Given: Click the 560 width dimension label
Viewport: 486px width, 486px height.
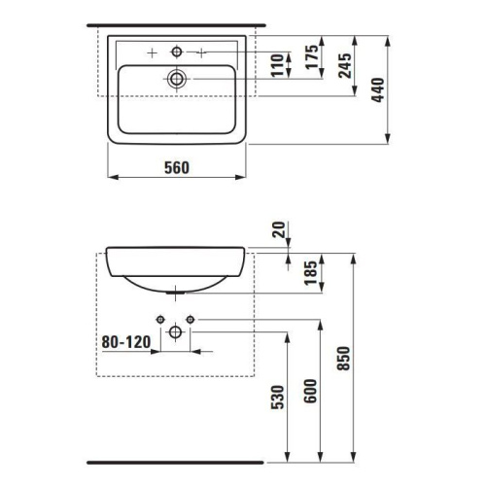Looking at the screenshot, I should click(x=176, y=167).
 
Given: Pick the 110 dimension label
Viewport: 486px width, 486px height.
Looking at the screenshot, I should click(x=277, y=65).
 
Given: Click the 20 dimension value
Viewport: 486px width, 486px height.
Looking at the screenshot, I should click(x=281, y=229).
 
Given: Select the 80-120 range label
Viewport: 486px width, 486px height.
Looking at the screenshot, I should click(x=126, y=341).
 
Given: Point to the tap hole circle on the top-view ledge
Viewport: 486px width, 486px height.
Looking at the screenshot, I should click(x=176, y=50).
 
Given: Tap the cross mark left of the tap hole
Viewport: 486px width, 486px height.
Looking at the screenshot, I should click(x=152, y=50).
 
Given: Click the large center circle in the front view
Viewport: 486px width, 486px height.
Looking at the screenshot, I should click(x=176, y=332).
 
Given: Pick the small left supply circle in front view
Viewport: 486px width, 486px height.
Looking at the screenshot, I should click(x=158, y=318).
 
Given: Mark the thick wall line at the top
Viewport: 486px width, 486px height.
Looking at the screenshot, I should click(x=175, y=22).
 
